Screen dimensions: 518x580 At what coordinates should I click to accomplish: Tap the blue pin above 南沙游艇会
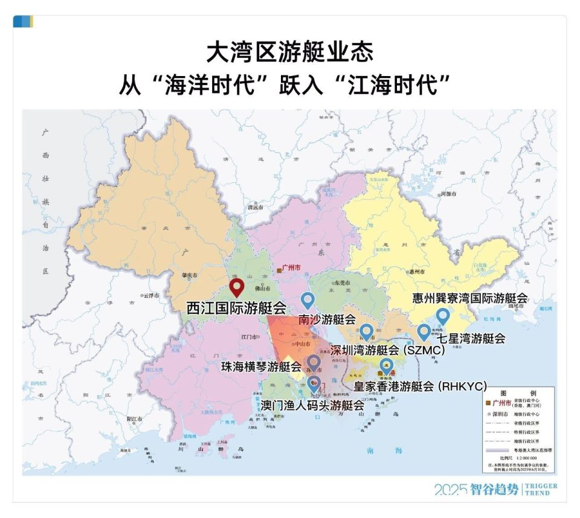click(x=308, y=299)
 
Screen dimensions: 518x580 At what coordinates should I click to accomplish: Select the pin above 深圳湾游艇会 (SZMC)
click(x=366, y=331)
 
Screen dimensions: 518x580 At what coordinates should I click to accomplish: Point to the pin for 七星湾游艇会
click(x=424, y=331)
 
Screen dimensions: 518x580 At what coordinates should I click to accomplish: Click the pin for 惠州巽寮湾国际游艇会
click(x=443, y=315)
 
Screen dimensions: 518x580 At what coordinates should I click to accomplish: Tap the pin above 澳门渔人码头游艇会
click(x=314, y=383)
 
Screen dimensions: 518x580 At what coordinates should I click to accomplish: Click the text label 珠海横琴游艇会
click(x=261, y=366)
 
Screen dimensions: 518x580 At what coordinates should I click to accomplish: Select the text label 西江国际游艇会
click(x=236, y=307)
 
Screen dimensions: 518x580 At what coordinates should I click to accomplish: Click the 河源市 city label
click(x=448, y=194)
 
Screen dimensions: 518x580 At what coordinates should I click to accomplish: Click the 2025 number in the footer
click(x=450, y=490)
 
